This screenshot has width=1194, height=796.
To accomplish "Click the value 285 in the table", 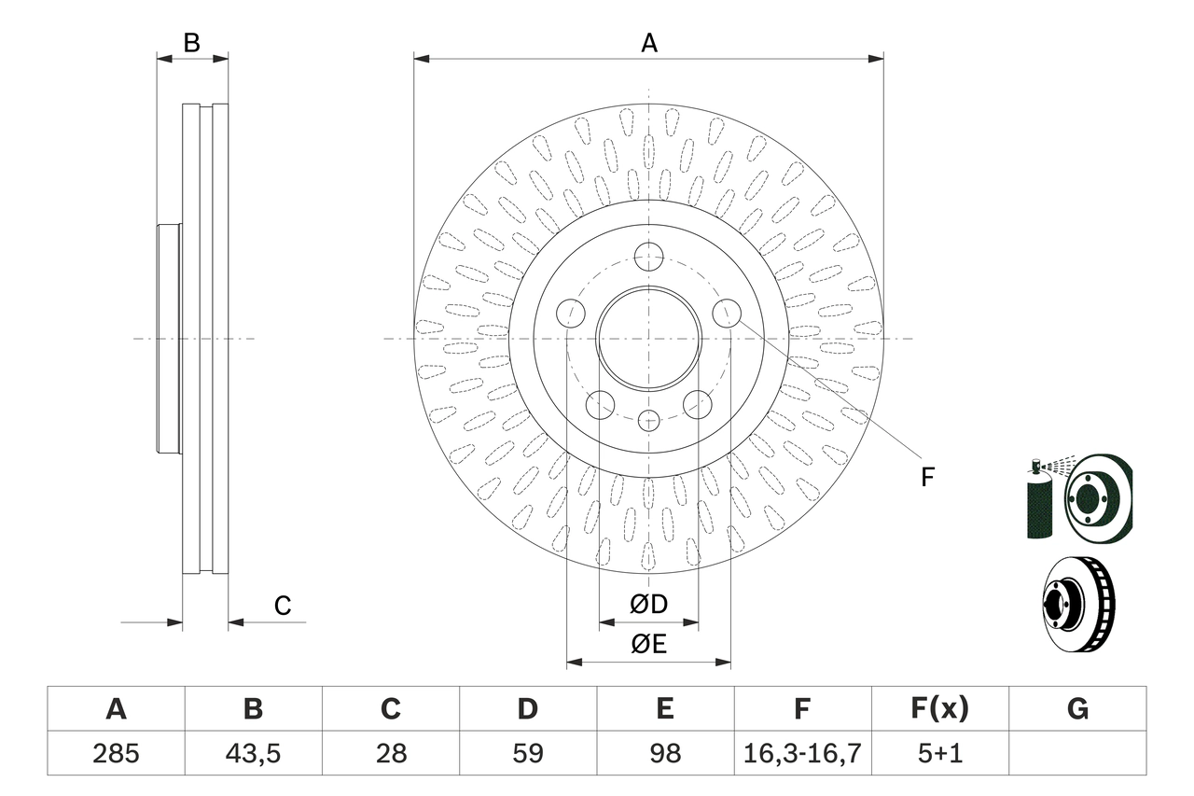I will pos(116,753).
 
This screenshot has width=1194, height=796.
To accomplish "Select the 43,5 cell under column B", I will pos(253,753).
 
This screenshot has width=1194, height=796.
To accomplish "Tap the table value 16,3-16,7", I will pos(801,753).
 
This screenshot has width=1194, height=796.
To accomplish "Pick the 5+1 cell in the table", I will pos(939,753).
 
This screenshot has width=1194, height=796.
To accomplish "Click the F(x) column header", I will pos(939,709).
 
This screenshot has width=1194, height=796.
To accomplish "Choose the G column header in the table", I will pos(1077,709).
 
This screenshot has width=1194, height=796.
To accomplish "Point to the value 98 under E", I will pos(664,753).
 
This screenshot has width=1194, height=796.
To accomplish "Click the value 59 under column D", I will pos(527,753).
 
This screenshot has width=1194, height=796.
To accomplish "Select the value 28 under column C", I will pos(390,753).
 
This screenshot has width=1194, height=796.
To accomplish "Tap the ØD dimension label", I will pos(649,605).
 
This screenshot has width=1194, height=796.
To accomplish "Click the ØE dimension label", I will pos(649,645).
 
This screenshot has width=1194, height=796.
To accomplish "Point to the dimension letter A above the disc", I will pos(649,43).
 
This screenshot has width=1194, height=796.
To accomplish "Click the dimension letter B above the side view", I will pos(191,43).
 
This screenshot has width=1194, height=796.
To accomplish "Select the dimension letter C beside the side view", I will pos(283,607).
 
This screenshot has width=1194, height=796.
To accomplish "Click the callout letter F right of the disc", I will pos(926,478).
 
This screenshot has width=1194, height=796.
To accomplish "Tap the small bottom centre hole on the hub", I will pos(648,421).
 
